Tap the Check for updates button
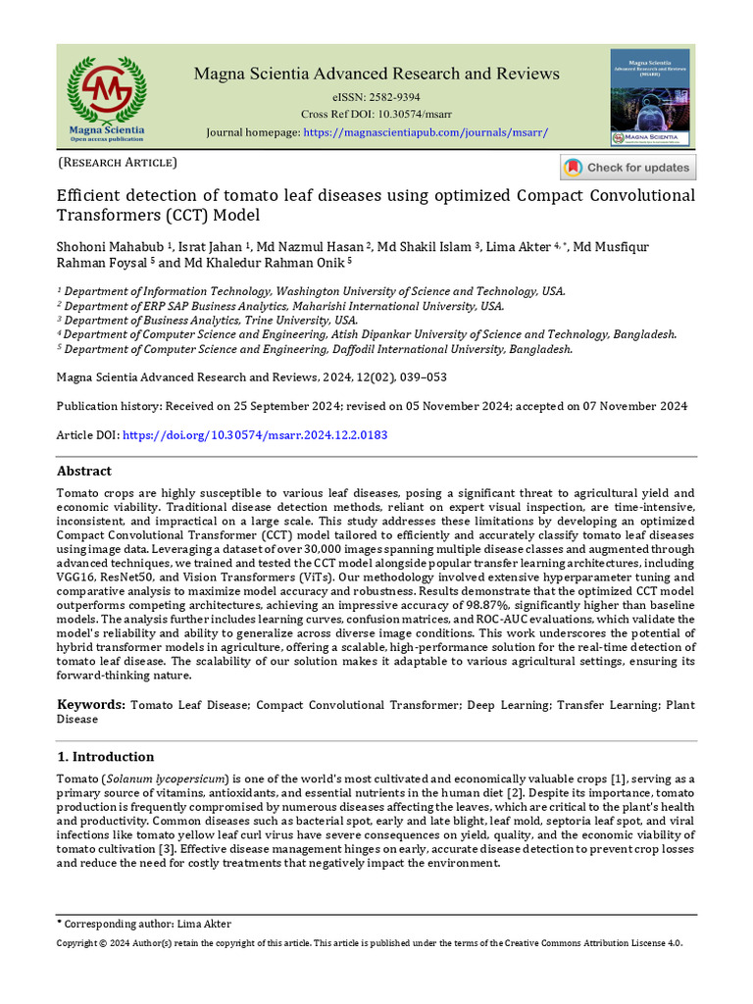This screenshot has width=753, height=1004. tap(627, 168)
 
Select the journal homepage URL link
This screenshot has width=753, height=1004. tap(426, 132)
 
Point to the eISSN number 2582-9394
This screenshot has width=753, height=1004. tap(389, 97)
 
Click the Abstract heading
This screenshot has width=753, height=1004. tap(84, 471)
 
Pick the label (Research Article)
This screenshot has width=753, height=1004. tap(118, 162)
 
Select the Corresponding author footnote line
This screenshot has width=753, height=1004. tap(145, 924)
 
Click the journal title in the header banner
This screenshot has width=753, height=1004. tap(376, 74)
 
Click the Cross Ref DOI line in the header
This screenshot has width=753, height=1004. tap(376, 115)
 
